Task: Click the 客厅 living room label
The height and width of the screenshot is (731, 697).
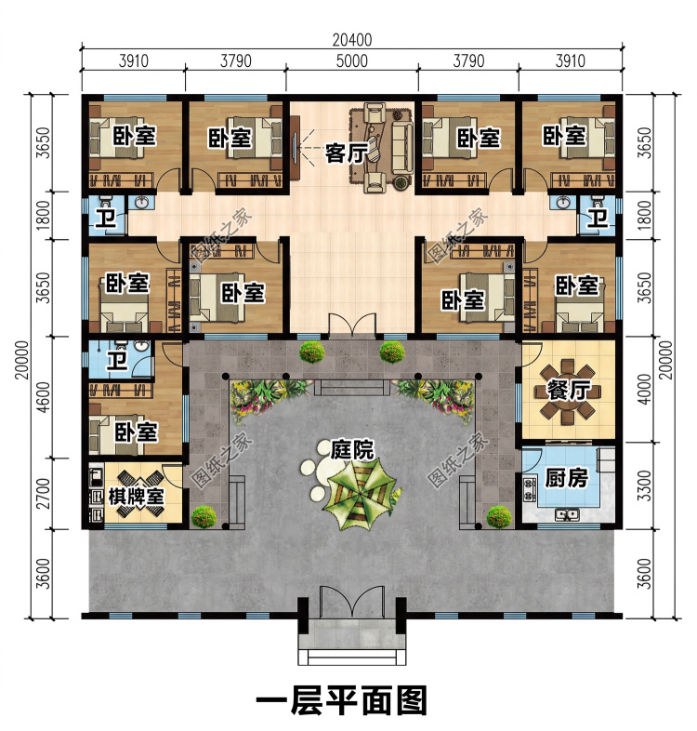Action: point(347,153)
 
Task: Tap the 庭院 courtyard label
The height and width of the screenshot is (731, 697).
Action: point(352,449)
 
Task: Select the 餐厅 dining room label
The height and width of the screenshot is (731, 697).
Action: point(569,390)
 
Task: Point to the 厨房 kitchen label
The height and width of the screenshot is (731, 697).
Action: point(566,478)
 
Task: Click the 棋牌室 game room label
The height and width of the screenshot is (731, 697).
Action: point(136,497)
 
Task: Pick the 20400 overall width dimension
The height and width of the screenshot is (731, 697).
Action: point(352,40)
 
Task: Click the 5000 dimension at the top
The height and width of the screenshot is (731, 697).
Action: point(352,61)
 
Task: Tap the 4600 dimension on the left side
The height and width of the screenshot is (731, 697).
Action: point(43,397)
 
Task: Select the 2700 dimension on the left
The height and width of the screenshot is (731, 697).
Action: point(43,494)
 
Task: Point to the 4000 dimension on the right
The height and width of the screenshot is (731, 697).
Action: point(644,389)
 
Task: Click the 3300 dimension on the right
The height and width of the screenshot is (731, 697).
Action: point(644,485)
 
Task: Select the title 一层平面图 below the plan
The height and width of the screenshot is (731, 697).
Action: point(341,700)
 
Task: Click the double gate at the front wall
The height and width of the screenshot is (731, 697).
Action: point(352,602)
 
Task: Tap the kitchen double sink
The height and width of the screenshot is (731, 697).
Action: point(567,514)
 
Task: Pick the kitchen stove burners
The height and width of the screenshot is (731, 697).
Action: point(529,489)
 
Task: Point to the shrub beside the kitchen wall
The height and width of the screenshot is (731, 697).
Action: point(499,516)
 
